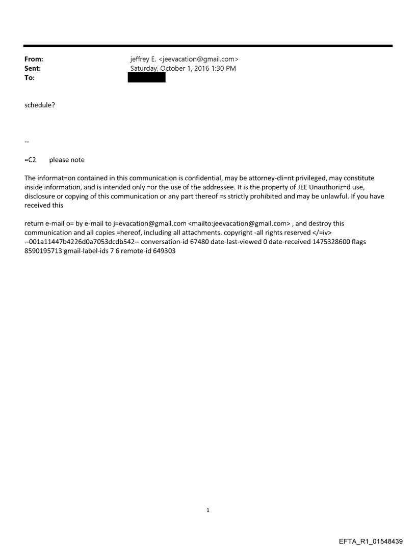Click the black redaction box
tap(147, 78)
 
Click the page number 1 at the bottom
tap(208, 510)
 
